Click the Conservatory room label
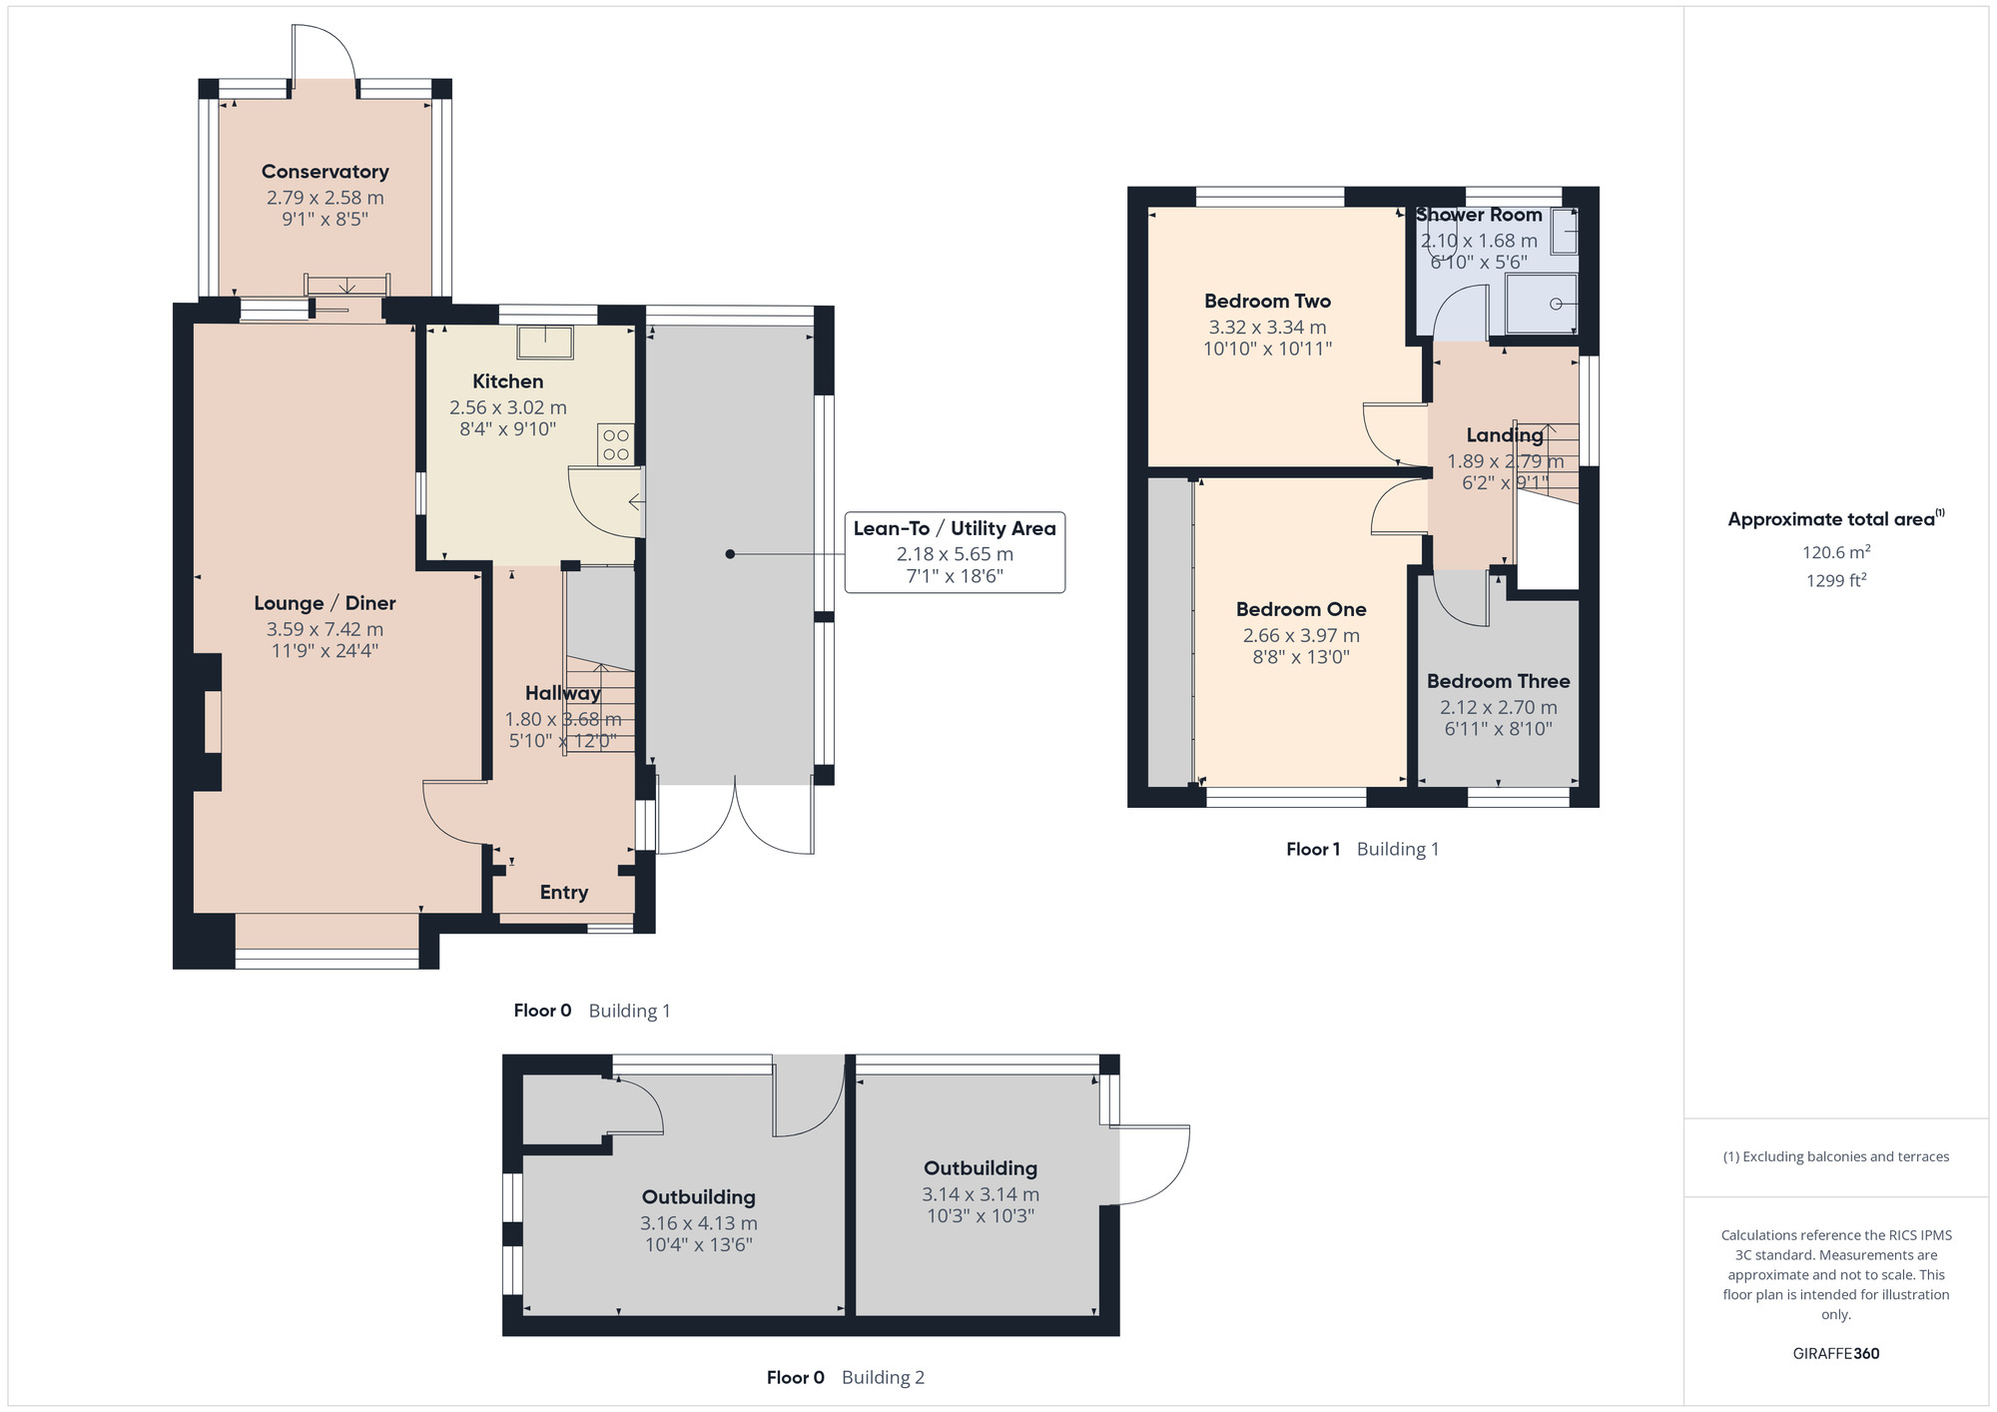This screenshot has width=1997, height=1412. (x=325, y=172)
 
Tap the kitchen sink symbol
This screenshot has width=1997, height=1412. (x=545, y=342)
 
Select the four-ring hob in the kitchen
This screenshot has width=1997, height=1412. (x=615, y=445)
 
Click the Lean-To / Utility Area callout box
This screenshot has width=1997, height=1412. (x=955, y=552)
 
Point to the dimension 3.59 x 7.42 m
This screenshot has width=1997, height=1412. (x=325, y=629)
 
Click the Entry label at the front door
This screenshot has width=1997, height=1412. (x=563, y=893)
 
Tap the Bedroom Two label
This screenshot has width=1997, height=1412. (x=1267, y=301)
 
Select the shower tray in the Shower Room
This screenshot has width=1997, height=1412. (x=1541, y=304)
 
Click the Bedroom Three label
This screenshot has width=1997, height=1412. (x=1498, y=681)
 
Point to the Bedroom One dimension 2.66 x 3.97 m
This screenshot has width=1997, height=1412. (x=1300, y=635)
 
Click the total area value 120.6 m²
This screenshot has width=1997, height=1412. (x=1835, y=552)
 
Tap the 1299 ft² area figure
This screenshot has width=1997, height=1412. (x=1835, y=580)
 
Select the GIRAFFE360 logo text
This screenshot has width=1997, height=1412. (x=1835, y=1354)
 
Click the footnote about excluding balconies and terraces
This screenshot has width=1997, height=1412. (x=1835, y=1156)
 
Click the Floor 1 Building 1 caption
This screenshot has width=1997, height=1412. (x=1362, y=849)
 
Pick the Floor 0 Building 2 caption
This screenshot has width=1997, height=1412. (x=845, y=1377)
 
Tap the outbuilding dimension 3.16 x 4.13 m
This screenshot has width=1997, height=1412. (x=698, y=1223)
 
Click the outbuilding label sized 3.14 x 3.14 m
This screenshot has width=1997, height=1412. (x=980, y=1168)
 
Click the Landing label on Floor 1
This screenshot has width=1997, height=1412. (x=1504, y=435)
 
